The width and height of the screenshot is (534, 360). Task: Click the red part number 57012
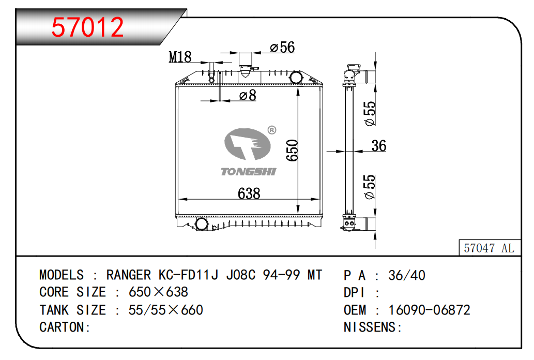[x=87, y=27]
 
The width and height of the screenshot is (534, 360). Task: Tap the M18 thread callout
[x=180, y=57]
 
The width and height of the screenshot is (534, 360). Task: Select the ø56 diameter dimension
[x=282, y=48]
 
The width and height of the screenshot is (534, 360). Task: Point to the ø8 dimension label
[x=248, y=95]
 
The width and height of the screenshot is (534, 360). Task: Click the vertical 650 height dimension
[x=292, y=150]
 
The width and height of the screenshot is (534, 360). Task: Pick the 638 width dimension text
[x=249, y=193]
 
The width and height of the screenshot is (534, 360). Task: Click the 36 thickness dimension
[x=379, y=146]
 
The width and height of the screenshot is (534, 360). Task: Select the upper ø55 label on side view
[x=370, y=113]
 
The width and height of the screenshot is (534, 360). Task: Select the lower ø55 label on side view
[x=370, y=187]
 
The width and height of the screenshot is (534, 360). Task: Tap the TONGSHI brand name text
[x=249, y=172]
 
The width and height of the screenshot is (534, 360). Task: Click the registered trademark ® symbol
[x=271, y=130]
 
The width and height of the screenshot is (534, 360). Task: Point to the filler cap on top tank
[x=246, y=64]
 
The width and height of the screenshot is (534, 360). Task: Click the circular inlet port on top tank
[x=296, y=78]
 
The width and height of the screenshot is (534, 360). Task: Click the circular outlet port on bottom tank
[x=201, y=224]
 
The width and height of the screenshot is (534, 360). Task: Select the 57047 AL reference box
[x=489, y=248]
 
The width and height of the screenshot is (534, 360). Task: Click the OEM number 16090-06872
[x=429, y=310]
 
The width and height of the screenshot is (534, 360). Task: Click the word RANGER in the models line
[x=129, y=275]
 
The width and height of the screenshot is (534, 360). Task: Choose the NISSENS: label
[x=373, y=327]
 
